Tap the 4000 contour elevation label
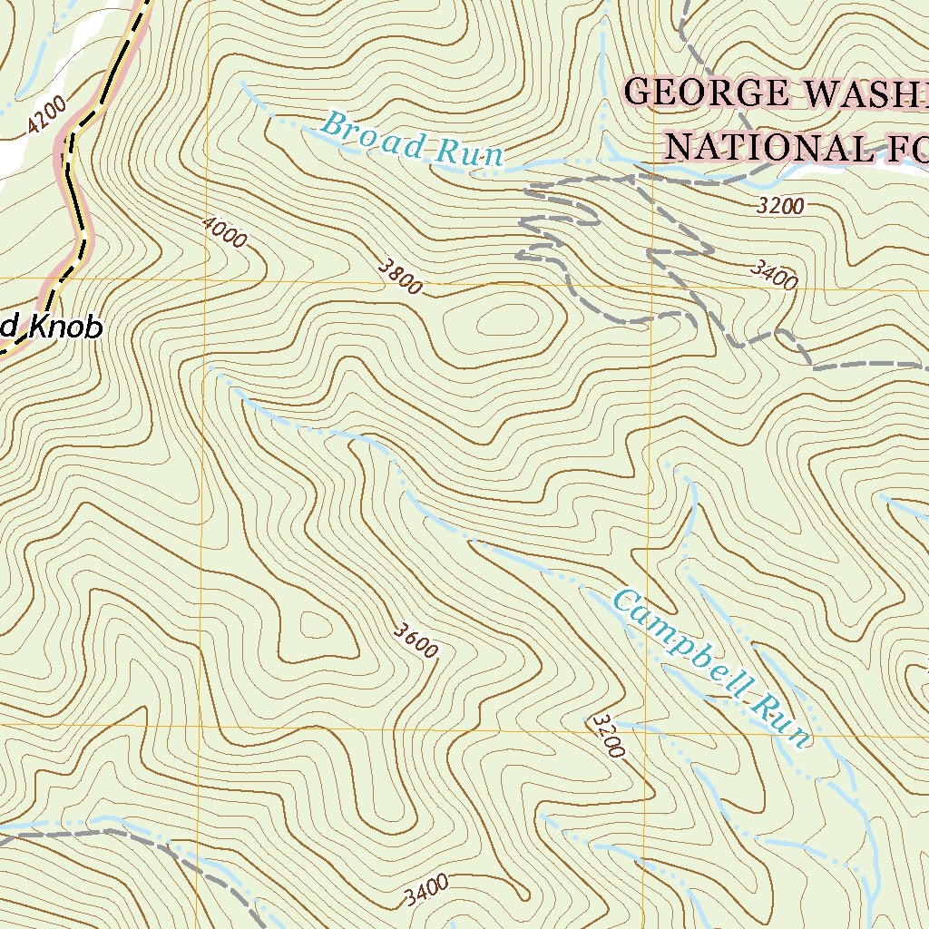pyautogui.click(x=224, y=232)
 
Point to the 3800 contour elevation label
pyautogui.click(x=400, y=277)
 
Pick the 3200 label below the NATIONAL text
pyautogui.click(x=780, y=206)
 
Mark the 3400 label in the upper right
pyautogui.click(x=774, y=274)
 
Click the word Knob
pyautogui.click(x=64, y=328)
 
